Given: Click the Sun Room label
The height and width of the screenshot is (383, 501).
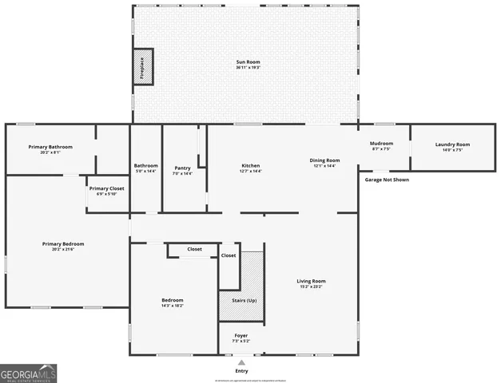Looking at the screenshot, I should point(248,61).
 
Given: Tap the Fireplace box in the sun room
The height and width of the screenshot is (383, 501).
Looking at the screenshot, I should point(142,66).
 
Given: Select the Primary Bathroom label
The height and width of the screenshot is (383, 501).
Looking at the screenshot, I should point(50,147).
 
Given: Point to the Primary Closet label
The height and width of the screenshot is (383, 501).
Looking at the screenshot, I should point(106,188).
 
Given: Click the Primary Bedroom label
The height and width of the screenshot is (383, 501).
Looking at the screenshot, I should point(63,243).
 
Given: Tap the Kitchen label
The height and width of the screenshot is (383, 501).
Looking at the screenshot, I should point(251,167).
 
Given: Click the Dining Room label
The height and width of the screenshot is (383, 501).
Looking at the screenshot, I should point(325,160).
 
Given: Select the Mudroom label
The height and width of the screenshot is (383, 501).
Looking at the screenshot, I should point(382,144).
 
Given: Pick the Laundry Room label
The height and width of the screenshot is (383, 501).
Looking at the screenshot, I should point(452,144).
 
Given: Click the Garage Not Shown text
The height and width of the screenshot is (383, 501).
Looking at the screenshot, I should point(387,180).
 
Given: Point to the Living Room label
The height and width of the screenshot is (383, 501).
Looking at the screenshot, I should point(311,281).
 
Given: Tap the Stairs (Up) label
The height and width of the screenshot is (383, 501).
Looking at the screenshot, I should point(241,300).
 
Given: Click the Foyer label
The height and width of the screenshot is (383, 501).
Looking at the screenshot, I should point(241,335).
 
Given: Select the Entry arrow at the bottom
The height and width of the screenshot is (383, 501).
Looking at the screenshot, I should point(241,361).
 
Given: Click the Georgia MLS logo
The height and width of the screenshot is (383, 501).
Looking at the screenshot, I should point(29,373).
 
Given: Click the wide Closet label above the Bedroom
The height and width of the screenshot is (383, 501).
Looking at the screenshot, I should point(194,249).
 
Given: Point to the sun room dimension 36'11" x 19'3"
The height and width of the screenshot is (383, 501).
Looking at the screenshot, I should point(248,68).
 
